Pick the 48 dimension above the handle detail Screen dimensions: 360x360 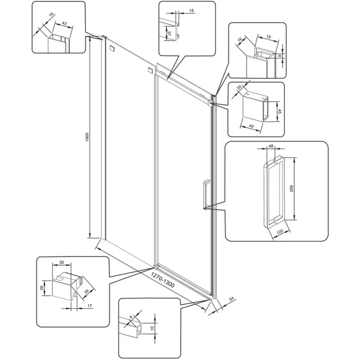pos(271,147)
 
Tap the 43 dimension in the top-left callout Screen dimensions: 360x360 pos(64,23)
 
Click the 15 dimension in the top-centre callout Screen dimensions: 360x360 pos(191,11)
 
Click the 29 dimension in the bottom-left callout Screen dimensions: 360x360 pos(42,288)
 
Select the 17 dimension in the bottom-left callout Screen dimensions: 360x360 pos(90,306)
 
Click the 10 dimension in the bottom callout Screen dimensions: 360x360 pos(152,328)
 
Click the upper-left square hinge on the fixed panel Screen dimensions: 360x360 pos(112,48)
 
